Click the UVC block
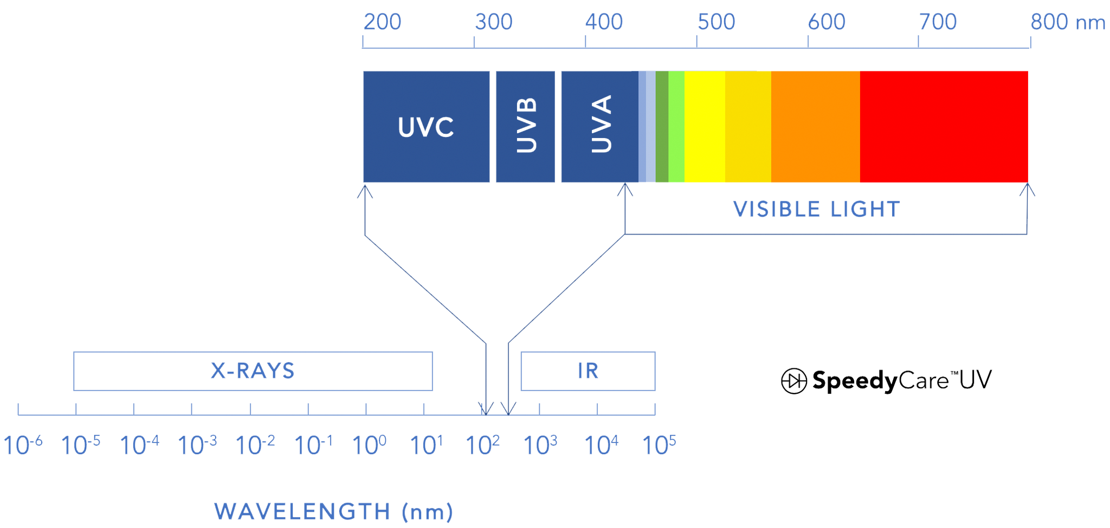click(426, 127)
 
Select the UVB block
click(525, 127)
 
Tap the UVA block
click(600, 127)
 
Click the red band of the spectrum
click(944, 127)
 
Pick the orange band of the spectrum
click(816, 127)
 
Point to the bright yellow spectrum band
click(705, 127)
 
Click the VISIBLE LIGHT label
click(817, 209)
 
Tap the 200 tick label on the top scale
click(382, 22)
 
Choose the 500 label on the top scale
click(716, 22)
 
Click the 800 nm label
click(1068, 22)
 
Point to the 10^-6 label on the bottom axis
click(23, 445)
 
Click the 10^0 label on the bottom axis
click(369, 445)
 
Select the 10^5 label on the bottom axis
click(659, 445)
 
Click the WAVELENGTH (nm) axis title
click(334, 512)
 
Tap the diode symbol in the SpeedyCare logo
click(794, 381)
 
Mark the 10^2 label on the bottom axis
click(482, 445)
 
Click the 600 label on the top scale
click(827, 22)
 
